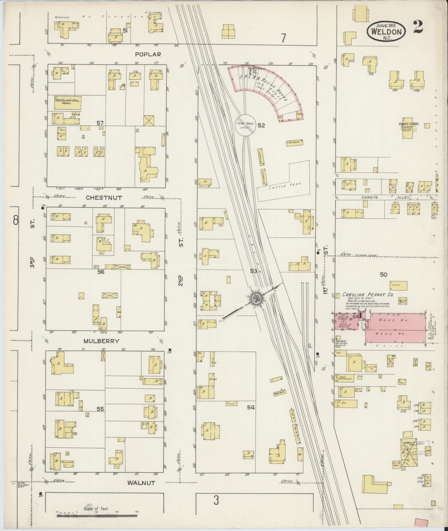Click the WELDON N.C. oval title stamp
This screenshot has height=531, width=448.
(x=386, y=31)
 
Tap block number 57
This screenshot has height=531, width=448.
(x=100, y=122)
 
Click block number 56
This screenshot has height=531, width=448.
(x=101, y=272)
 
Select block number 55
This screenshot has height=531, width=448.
(x=100, y=409)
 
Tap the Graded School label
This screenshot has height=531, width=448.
(x=409, y=124)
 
